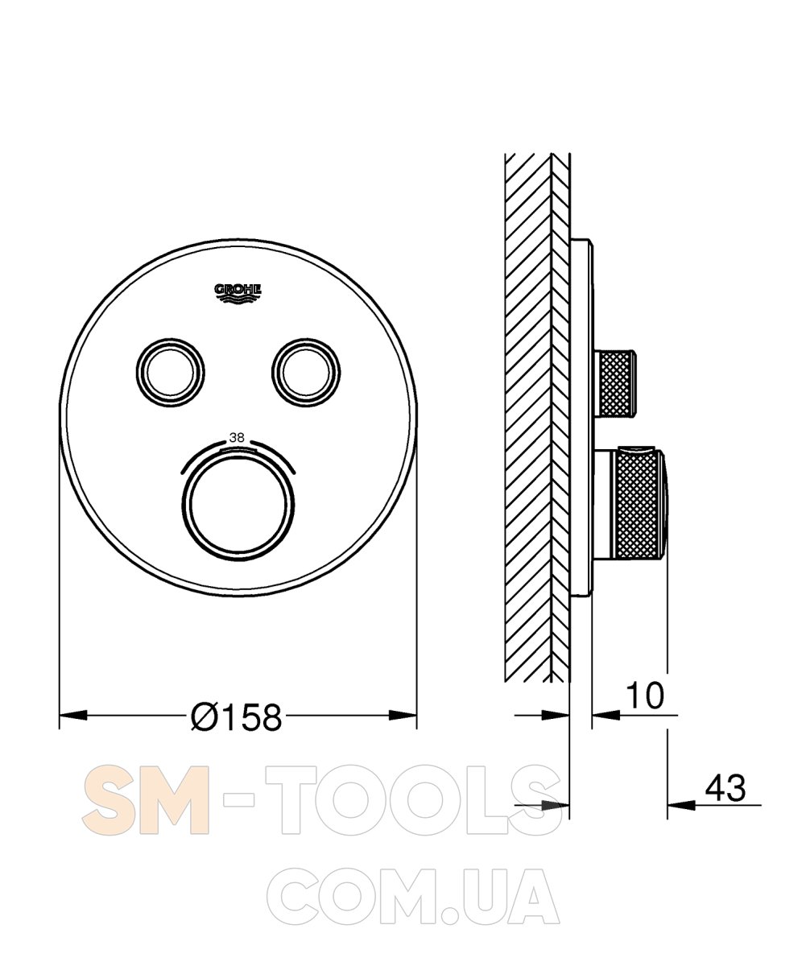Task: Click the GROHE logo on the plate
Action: tap(238, 293)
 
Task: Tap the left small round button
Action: tap(170, 373)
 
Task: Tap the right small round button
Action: tap(306, 373)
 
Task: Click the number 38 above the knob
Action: tap(237, 438)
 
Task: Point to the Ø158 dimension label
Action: tap(237, 717)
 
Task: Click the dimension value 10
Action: tap(645, 696)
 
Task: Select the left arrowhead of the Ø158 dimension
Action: tap(73, 716)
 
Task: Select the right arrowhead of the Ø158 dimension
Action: tap(403, 716)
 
